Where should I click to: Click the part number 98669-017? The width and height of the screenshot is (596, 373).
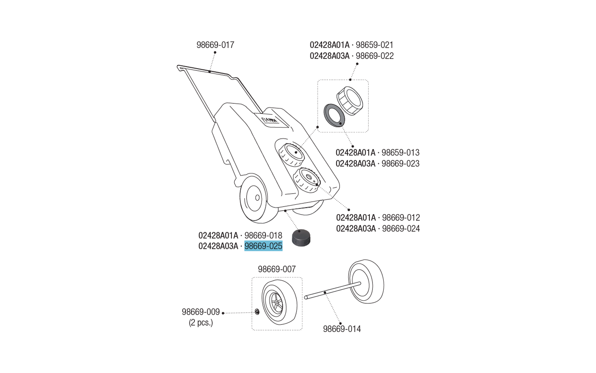tap(215, 45)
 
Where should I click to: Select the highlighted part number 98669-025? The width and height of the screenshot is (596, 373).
tap(263, 246)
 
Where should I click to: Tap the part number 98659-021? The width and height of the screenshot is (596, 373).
tap(374, 45)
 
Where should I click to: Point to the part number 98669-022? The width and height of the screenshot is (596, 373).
tap(375, 56)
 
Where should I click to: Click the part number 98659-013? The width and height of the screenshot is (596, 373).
tap(400, 153)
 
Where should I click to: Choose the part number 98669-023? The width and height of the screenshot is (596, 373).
tap(400, 164)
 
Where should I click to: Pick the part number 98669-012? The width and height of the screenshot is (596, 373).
tap(401, 217)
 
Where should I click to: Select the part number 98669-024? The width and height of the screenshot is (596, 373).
tap(401, 229)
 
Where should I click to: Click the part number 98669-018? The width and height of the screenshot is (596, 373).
tap(263, 236)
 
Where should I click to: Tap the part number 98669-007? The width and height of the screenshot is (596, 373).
tap(277, 269)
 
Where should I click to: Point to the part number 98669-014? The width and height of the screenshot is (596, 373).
tap(342, 329)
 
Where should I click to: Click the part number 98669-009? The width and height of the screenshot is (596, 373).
tap(201, 312)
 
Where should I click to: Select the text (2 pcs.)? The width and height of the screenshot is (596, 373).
tap(201, 323)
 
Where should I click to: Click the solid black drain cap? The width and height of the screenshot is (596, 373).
tap(301, 238)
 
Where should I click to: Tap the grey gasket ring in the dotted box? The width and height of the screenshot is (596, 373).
tap(334, 115)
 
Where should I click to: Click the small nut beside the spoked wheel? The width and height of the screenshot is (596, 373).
tap(257, 312)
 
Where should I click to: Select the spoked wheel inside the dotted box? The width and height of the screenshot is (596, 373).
tap(279, 303)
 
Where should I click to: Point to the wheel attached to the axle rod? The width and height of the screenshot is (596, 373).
tap(366, 282)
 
